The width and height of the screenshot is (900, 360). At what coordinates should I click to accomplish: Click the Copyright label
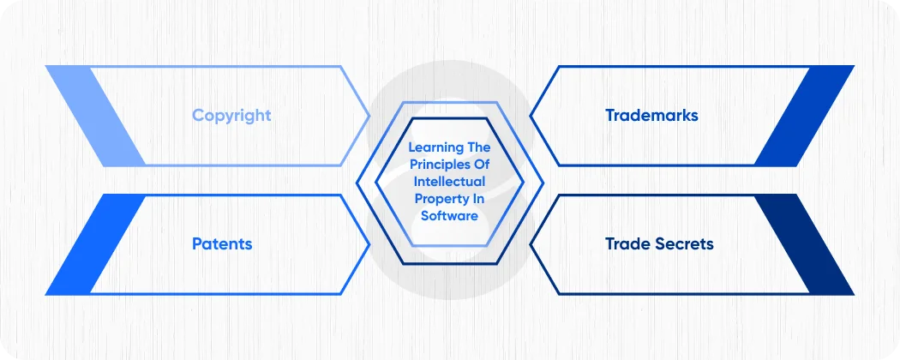click(x=231, y=116)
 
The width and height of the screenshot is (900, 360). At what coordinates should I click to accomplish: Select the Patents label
click(x=222, y=243)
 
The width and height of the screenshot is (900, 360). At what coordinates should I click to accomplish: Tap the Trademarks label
click(x=651, y=116)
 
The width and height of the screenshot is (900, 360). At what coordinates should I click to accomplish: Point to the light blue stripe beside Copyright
click(x=94, y=116)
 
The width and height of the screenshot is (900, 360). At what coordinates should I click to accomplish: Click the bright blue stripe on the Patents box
click(x=94, y=244)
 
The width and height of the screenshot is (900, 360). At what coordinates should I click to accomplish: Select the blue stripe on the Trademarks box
click(x=806, y=116)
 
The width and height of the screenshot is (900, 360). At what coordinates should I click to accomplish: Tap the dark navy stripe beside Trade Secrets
click(x=806, y=244)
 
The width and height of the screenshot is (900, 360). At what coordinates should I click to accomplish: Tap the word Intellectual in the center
click(x=449, y=182)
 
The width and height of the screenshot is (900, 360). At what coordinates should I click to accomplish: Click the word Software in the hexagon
click(x=449, y=216)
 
